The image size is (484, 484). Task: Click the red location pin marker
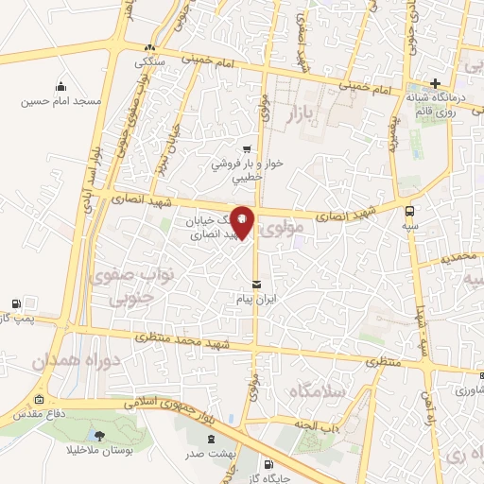(x=243, y=221)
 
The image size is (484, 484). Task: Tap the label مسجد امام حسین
(x=61, y=99)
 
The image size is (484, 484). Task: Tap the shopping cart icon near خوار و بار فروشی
(x=247, y=148)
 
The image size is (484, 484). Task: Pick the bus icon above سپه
(x=409, y=211)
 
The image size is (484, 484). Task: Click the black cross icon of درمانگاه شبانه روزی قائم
(x=436, y=83)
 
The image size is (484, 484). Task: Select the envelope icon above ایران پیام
(x=256, y=285)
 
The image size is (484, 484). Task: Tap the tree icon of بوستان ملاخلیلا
(x=100, y=435)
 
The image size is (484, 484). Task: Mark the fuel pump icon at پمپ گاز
(x=15, y=303)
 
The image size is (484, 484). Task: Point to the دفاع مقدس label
(x=37, y=414)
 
